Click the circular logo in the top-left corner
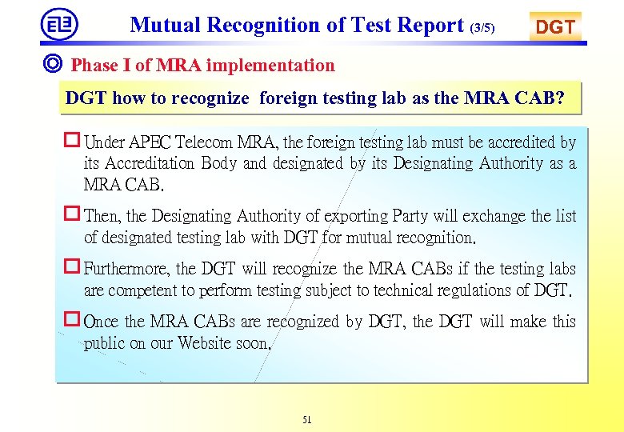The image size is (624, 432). click(x=60, y=24)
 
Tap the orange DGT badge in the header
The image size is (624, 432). click(x=555, y=26)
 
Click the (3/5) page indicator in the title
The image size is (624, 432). click(x=482, y=28)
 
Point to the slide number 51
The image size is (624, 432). click(x=307, y=419)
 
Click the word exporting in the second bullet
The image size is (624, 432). click(x=357, y=216)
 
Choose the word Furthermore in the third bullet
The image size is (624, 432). click(x=127, y=269)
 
